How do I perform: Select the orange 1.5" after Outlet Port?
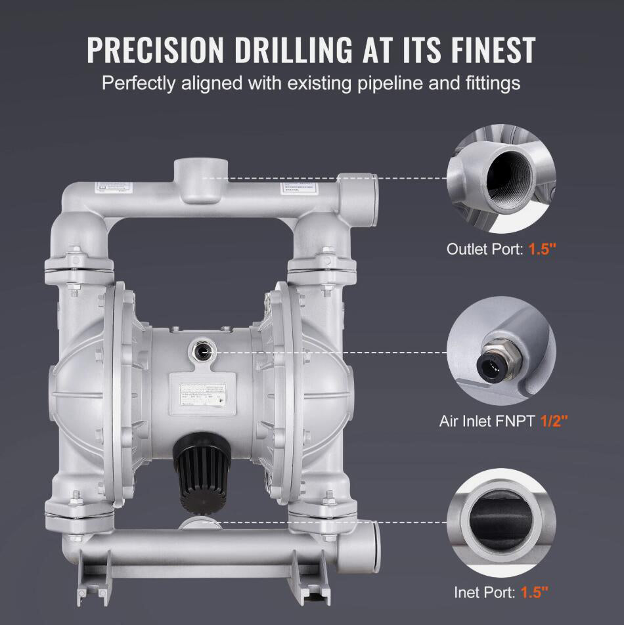[543, 249]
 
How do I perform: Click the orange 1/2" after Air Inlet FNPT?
[554, 421]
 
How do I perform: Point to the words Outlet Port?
[484, 249]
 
